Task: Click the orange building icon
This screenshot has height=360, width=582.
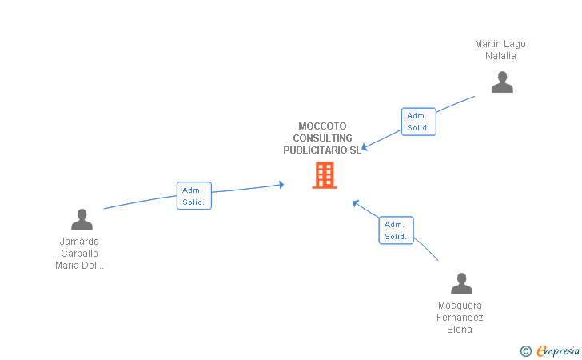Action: click(x=324, y=175)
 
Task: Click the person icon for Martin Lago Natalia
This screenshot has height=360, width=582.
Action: click(x=502, y=82)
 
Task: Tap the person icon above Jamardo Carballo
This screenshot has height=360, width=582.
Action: click(x=82, y=219)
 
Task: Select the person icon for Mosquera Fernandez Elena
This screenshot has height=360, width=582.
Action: click(x=461, y=284)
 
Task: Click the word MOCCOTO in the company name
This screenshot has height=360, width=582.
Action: click(x=322, y=126)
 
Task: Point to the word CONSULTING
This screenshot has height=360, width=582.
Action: click(x=322, y=138)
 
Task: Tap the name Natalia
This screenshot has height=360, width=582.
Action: click(x=500, y=56)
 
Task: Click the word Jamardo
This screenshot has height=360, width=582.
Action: click(x=79, y=242)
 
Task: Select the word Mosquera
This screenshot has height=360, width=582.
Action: click(x=460, y=306)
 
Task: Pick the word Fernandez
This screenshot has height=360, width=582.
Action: click(x=460, y=318)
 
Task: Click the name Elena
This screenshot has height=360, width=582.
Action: click(x=460, y=330)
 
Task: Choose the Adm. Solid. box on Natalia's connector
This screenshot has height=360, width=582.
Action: click(x=418, y=122)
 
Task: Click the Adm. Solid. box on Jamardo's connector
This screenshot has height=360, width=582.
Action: click(x=194, y=196)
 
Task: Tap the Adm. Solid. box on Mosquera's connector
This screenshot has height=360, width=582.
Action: click(x=396, y=230)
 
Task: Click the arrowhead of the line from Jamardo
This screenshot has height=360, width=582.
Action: click(x=281, y=185)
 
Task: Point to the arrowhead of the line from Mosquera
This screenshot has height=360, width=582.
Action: click(x=356, y=202)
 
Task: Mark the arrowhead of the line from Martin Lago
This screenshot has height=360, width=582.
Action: click(x=364, y=147)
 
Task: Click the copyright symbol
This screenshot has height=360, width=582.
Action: click(x=525, y=350)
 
